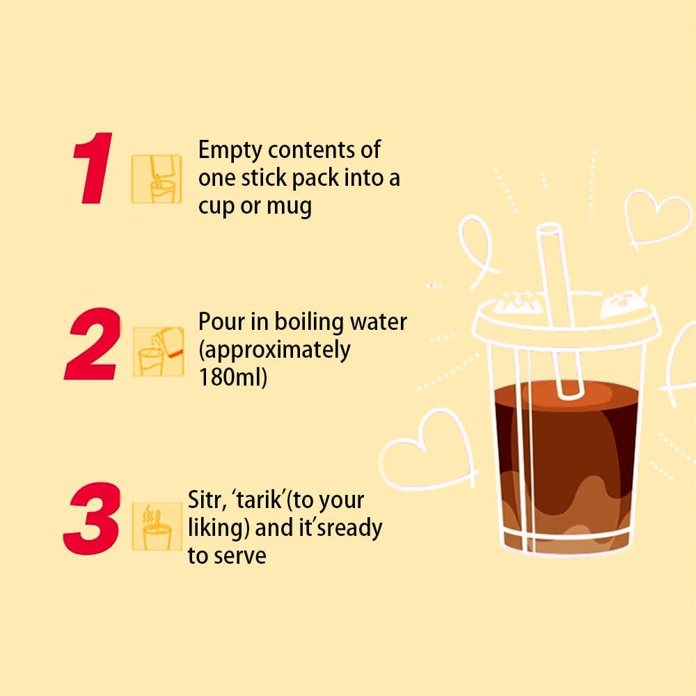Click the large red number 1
point(93,169)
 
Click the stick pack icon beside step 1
point(157,178)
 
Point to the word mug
point(289,207)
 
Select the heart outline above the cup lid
point(656,217)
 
